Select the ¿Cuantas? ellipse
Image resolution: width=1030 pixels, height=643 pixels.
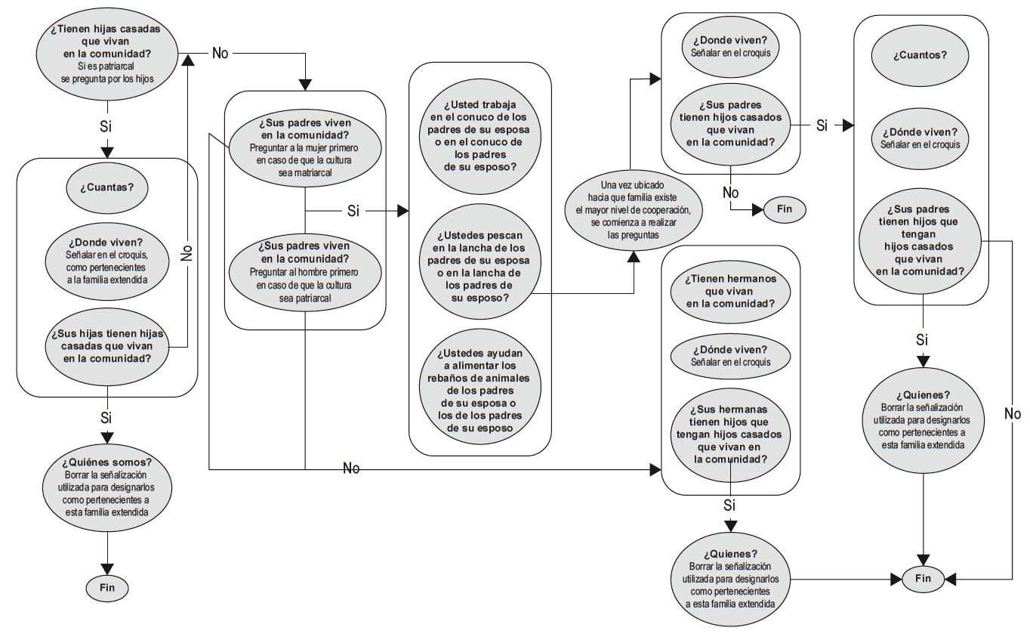click(106, 187)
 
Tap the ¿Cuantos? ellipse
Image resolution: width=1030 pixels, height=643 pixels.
click(921, 54)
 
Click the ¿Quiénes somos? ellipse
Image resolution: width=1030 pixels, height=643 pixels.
click(106, 486)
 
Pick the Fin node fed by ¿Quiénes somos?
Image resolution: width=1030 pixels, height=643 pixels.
click(106, 587)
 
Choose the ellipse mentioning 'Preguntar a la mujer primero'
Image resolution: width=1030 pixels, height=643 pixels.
click(304, 147)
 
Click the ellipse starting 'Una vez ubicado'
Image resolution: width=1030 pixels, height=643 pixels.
click(634, 210)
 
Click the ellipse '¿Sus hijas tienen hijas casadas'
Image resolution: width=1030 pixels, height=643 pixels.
click(106, 346)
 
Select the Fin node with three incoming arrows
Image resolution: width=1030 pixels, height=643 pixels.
click(923, 579)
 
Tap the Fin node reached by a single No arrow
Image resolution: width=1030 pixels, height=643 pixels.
click(784, 209)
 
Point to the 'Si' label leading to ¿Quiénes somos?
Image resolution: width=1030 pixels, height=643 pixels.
click(106, 417)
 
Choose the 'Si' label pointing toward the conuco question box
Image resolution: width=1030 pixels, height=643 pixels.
click(353, 211)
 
